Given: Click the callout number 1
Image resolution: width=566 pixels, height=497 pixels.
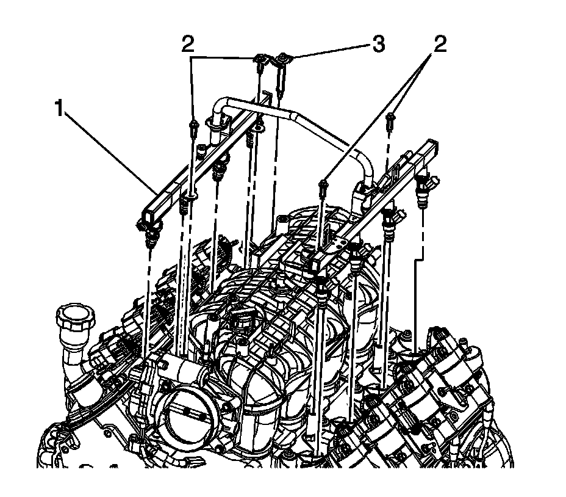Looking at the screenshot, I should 59,111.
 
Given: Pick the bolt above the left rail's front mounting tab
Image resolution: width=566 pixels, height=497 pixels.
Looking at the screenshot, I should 193,128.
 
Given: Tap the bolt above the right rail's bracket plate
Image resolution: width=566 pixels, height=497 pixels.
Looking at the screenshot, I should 323,184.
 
